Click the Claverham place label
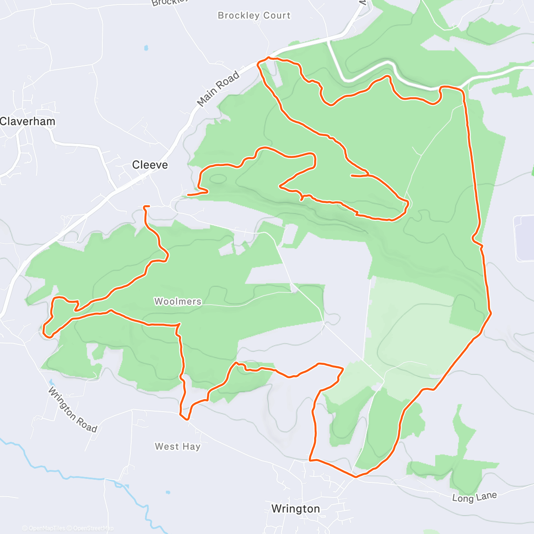[x=28, y=121]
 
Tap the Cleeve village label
[x=150, y=165]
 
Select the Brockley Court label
[x=254, y=16]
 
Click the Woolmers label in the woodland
[x=178, y=302]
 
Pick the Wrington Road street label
[x=72, y=410]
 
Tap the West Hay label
[x=178, y=446]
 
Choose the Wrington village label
[x=295, y=509]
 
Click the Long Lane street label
[x=474, y=497]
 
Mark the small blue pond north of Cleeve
[x=146, y=47]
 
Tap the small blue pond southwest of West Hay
[x=168, y=493]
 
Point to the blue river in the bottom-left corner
[x=44, y=467]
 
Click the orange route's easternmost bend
[x=491, y=313]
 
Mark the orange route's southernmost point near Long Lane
[x=356, y=477]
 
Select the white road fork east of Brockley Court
[x=329, y=41]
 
